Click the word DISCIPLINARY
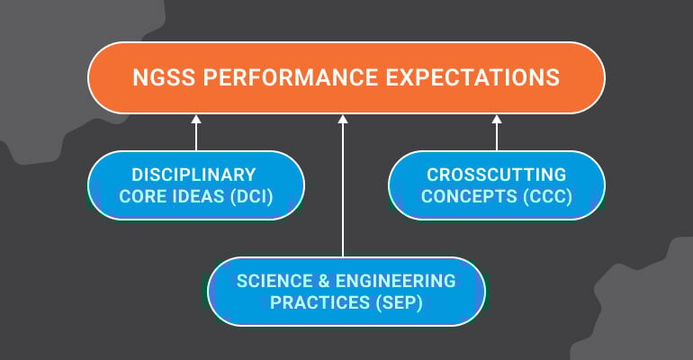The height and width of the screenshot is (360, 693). click(x=194, y=175)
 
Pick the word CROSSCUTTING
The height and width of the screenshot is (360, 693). click(x=496, y=175)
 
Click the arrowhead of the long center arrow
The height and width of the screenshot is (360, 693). click(x=343, y=118)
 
